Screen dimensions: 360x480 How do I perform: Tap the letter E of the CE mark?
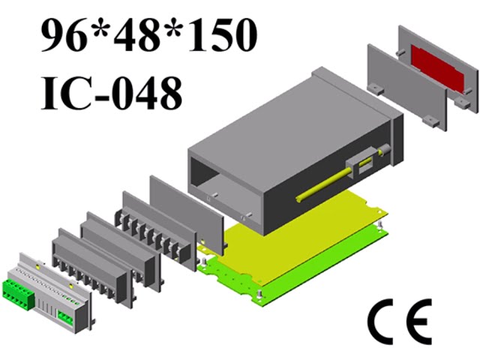(x=415, y=322)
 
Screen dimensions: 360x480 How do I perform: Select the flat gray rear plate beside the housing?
(x=187, y=214)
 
